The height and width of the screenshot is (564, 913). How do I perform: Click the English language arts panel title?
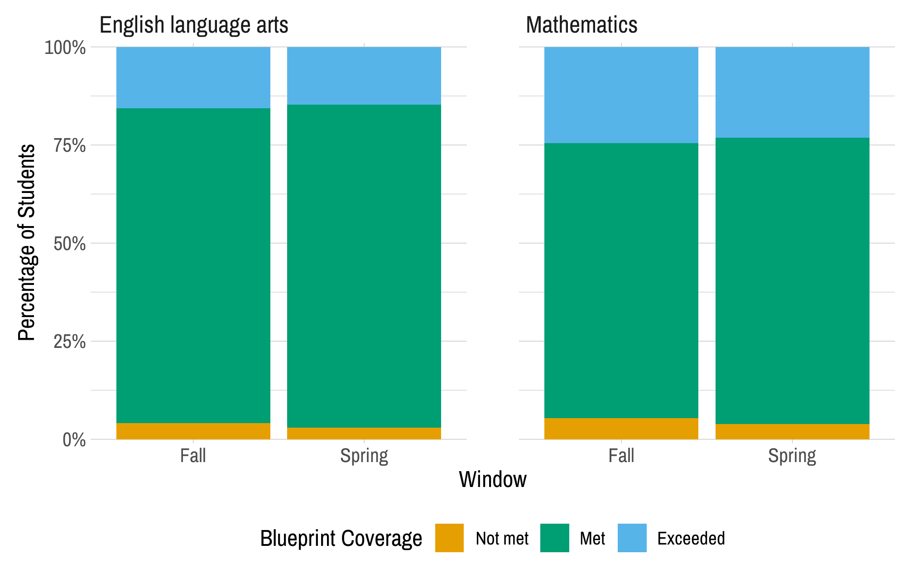[193, 25]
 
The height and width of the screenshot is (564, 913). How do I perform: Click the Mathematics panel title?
[581, 25]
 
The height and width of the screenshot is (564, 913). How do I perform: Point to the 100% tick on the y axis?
[65, 48]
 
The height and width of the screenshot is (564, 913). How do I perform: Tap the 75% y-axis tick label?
[69, 145]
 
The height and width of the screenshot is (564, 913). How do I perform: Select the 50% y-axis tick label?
[69, 244]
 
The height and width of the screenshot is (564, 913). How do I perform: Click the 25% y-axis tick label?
[69, 342]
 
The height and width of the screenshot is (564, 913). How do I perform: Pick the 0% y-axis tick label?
[74, 440]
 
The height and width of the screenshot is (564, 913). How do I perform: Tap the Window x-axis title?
[493, 479]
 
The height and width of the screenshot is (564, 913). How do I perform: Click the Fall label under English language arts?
[193, 456]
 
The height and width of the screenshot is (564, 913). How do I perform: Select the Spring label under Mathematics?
[792, 456]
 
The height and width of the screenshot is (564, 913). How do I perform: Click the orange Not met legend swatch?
[449, 538]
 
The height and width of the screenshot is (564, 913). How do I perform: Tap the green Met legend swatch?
[554, 538]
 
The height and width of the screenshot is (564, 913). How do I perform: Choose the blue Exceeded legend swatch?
[632, 538]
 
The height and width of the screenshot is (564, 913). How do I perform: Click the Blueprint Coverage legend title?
[341, 539]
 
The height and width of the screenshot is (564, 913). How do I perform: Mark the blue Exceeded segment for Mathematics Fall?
[621, 95]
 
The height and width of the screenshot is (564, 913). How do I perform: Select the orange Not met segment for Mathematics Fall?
[621, 429]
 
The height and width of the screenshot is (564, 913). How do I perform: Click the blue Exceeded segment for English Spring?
[364, 76]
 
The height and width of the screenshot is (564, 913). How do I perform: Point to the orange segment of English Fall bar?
[193, 431]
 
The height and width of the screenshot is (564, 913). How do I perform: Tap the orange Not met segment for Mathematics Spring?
[792, 431]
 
